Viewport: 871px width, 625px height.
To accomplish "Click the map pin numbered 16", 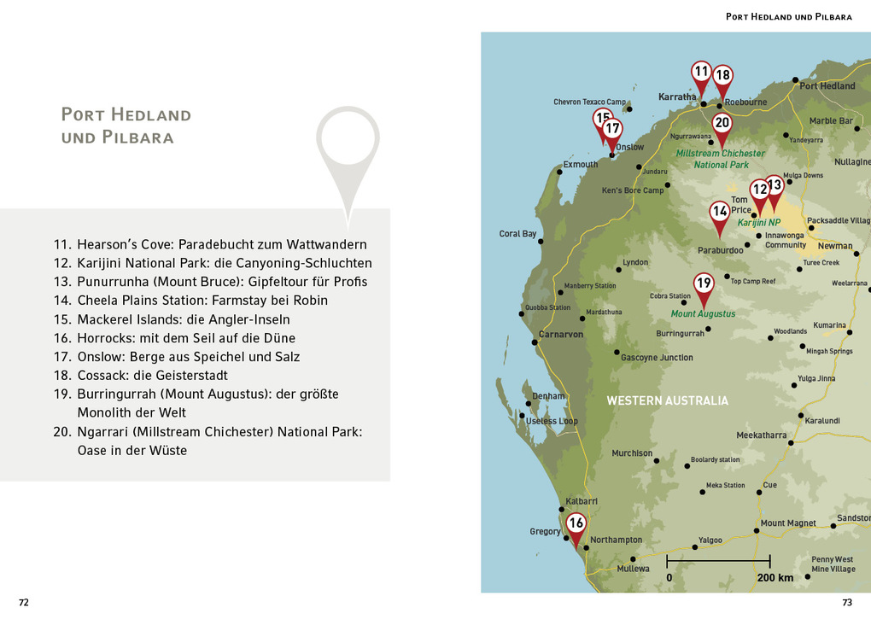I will [576, 524].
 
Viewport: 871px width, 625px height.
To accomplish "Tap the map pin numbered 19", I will [703, 284].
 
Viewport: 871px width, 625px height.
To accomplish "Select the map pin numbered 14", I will [720, 213].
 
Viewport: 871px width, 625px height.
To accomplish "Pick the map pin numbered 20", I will [722, 124].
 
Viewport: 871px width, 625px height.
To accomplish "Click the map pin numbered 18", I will [722, 77].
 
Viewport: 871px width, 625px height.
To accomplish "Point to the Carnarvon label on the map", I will [561, 335].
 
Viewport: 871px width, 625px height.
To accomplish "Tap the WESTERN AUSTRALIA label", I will [667, 400].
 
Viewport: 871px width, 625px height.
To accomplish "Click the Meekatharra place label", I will [762, 435].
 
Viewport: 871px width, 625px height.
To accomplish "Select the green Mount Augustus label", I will [703, 314].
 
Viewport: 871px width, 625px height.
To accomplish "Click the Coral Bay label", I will [517, 234].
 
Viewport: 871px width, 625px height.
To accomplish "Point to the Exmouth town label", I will [580, 164].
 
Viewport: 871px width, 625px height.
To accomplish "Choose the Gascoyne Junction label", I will [657, 358].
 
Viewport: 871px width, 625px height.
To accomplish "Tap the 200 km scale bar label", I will [775, 578].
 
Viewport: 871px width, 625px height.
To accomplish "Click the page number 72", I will [24, 602].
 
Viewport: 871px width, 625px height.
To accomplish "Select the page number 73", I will [847, 602].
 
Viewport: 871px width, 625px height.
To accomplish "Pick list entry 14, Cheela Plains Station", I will [190, 301].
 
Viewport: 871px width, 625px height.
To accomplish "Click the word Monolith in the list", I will [106, 412].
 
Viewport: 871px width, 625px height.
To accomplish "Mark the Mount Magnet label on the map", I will [788, 523].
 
